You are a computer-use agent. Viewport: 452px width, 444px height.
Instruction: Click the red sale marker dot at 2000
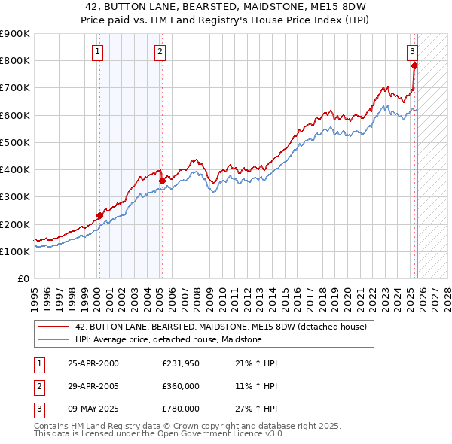tap(99, 215)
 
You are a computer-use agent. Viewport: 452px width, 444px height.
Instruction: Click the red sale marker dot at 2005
tap(162, 181)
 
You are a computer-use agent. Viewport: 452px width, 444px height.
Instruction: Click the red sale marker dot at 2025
tap(414, 66)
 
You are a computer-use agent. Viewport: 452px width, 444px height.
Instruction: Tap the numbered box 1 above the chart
tap(99, 52)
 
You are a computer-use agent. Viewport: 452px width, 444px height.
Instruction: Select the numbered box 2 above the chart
tap(161, 52)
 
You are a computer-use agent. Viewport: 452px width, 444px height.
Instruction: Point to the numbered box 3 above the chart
tap(413, 52)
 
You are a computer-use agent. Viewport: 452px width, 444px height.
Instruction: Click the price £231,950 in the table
tap(181, 363)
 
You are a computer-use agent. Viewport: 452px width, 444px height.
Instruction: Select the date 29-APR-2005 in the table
tap(93, 386)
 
